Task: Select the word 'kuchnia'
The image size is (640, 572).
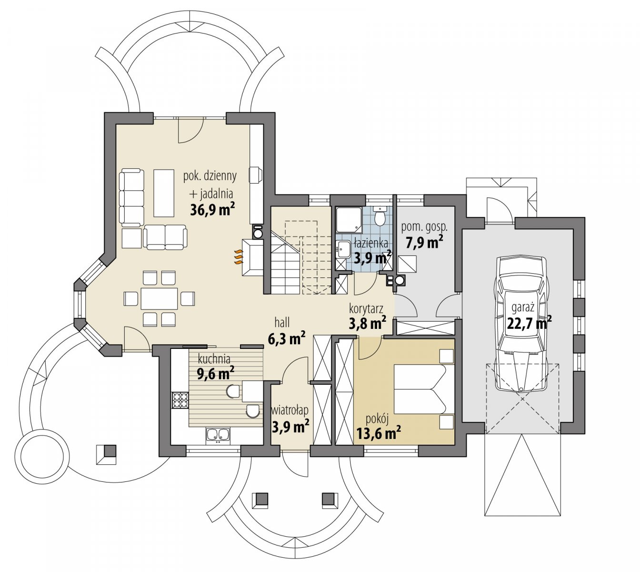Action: tap(214, 359)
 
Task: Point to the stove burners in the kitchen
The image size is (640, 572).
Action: tap(180, 400)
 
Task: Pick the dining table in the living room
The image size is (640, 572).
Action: tap(159, 298)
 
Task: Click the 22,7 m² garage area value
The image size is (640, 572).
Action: tap(529, 323)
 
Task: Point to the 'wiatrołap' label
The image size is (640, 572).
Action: tap(290, 410)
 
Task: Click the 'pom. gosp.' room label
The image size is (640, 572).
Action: tap(424, 227)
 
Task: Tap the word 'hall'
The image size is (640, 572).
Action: tap(282, 323)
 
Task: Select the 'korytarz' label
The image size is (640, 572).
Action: tap(366, 308)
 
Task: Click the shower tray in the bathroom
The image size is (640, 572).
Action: tap(349, 220)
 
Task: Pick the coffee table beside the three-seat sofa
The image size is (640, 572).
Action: tap(164, 193)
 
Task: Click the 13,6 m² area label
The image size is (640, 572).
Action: tap(379, 433)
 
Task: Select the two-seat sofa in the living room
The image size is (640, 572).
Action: tap(165, 237)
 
